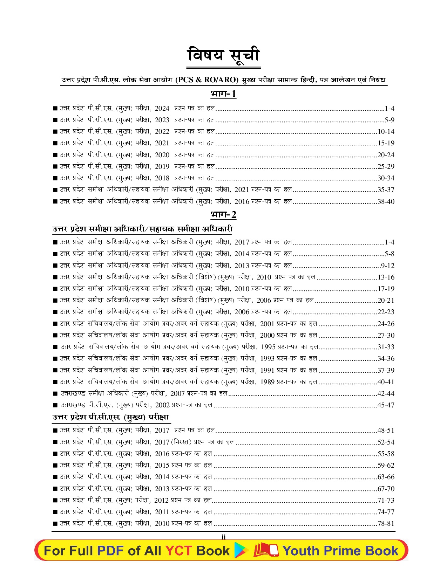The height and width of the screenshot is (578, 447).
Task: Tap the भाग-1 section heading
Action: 223,94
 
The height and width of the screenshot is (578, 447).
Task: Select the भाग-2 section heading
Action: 223,214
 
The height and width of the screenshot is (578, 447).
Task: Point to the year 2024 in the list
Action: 162,109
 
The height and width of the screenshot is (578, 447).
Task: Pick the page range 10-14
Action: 386,132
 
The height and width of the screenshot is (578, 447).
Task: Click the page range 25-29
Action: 386,166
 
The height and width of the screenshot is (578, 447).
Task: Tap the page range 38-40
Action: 386,201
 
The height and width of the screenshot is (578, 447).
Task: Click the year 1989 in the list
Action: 267,382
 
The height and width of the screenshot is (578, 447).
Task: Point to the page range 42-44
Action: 386,393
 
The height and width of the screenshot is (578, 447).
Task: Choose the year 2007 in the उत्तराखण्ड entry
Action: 177,394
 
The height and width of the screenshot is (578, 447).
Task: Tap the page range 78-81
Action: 386,523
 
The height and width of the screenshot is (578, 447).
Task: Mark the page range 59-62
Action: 386,465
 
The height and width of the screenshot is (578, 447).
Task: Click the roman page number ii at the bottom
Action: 223,537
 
